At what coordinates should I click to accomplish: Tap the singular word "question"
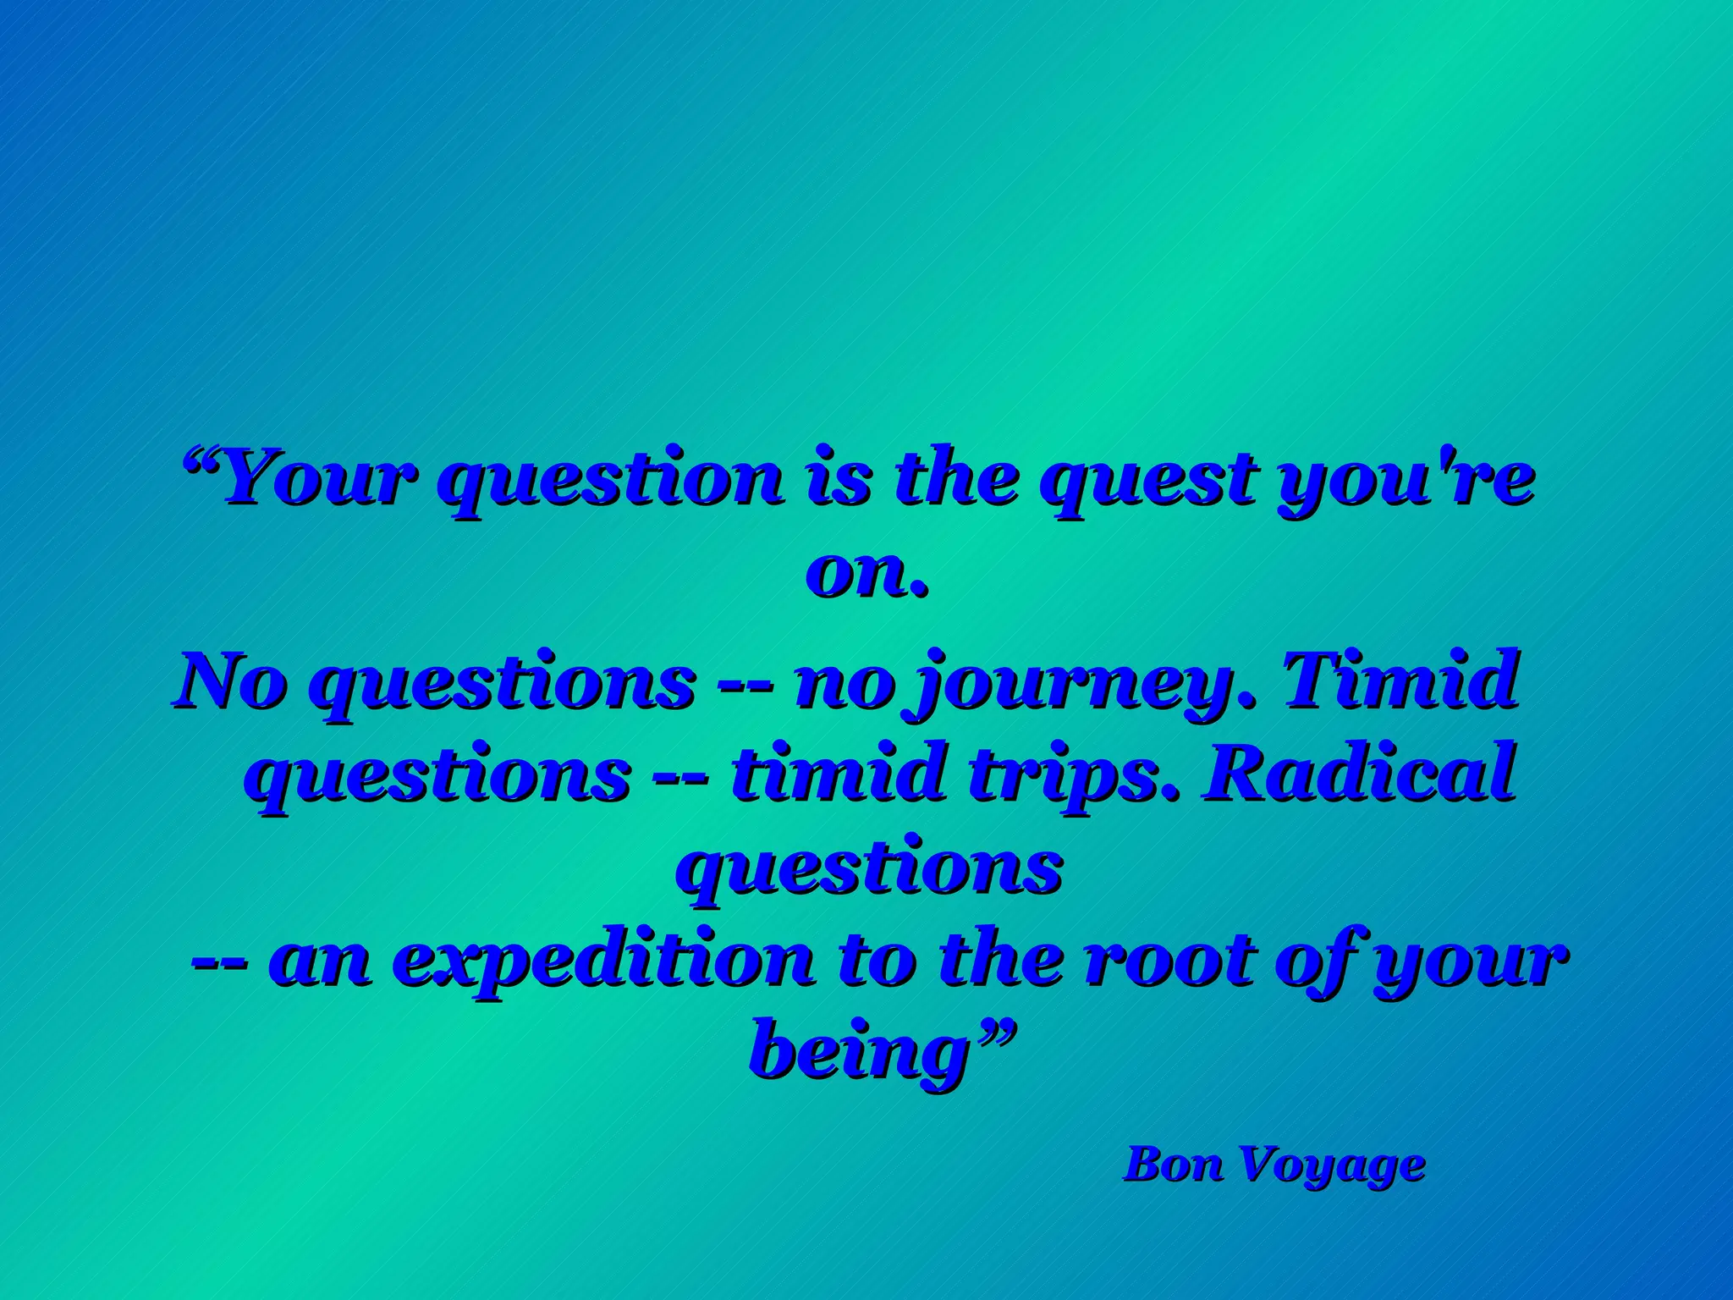coord(613,481)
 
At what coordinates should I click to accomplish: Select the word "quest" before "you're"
coord(1147,481)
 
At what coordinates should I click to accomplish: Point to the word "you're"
coord(1406,481)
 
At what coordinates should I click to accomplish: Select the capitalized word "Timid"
coord(1400,680)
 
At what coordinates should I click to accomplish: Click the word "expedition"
coord(603,963)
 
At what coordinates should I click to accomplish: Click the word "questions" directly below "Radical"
coord(869,871)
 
